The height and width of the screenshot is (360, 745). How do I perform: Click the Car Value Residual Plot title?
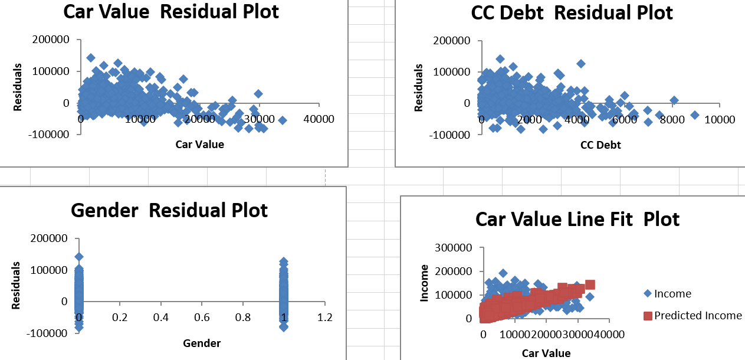coord(171,11)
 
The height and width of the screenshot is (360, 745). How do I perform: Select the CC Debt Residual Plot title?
coord(572,12)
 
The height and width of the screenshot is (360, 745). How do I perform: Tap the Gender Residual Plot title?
coord(169,210)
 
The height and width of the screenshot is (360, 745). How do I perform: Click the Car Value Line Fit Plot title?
coord(577,219)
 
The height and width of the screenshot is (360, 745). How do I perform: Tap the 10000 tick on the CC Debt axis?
coord(719,119)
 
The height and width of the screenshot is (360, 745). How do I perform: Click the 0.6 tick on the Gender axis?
coord(202,318)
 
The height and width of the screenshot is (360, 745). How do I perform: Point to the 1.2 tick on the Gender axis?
coord(324,318)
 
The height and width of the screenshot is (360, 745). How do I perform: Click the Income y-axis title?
coord(424,283)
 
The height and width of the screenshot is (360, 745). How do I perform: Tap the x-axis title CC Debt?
coord(600,144)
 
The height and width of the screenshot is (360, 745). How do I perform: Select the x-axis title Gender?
coord(202,343)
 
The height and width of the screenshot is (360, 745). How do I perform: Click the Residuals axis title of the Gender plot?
coord(17,286)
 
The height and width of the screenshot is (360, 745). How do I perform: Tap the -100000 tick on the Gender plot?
coord(51,333)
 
